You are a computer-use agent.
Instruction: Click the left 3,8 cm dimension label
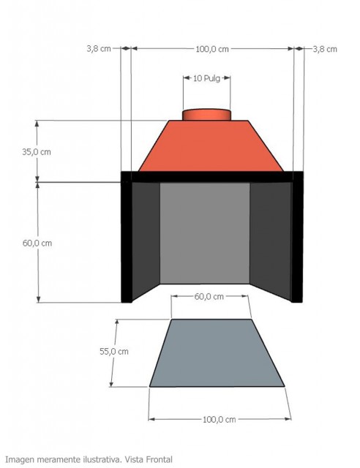(99, 49)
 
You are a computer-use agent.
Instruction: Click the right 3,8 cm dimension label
(324, 49)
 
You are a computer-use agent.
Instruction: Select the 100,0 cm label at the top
(212, 49)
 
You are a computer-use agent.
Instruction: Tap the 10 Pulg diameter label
(206, 78)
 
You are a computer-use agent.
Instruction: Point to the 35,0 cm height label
(37, 152)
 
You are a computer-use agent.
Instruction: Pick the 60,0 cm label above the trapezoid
(209, 296)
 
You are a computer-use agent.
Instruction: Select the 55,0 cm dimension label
(113, 351)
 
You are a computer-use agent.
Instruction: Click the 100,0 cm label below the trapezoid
(219, 419)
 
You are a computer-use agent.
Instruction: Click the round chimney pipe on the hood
(206, 114)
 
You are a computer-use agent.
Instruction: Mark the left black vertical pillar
(127, 241)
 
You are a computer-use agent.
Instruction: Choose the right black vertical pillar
(297, 241)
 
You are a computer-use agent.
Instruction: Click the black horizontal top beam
(211, 176)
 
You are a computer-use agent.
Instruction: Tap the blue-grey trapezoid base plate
(217, 353)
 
